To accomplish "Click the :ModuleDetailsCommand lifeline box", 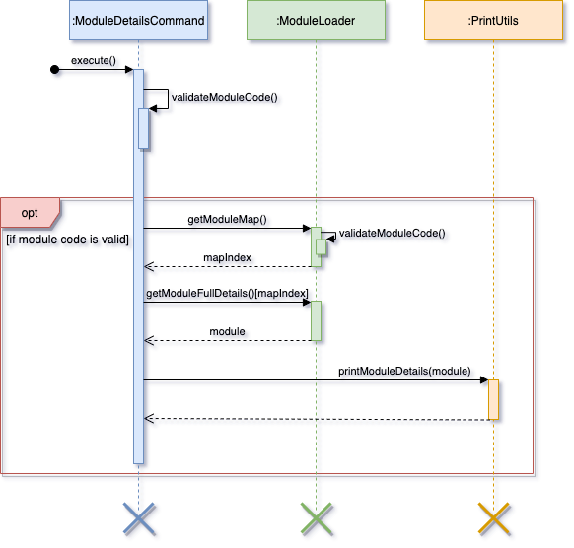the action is [138, 20].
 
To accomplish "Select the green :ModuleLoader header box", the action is [316, 20].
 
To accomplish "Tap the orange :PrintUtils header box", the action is [493, 20].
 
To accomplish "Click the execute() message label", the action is [94, 61].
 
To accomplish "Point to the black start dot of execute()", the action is [54, 70].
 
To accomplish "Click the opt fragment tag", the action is [30, 213].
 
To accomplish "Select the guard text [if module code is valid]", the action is [68, 240].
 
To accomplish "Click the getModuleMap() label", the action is [227, 219].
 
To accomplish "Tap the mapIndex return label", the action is [227, 257].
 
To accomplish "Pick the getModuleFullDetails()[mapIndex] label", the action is [227, 293].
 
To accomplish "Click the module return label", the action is [227, 331].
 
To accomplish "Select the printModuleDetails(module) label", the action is [404, 371].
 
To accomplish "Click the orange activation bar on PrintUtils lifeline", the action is [493, 399].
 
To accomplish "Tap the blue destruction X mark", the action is [139, 518].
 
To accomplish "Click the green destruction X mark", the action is [317, 518].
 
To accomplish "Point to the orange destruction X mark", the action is [494, 518].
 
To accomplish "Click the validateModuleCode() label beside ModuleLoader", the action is [393, 233].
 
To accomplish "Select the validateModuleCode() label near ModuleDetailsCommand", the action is [225, 97].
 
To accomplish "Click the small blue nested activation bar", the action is [144, 128].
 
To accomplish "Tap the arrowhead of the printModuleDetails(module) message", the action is [484, 380].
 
